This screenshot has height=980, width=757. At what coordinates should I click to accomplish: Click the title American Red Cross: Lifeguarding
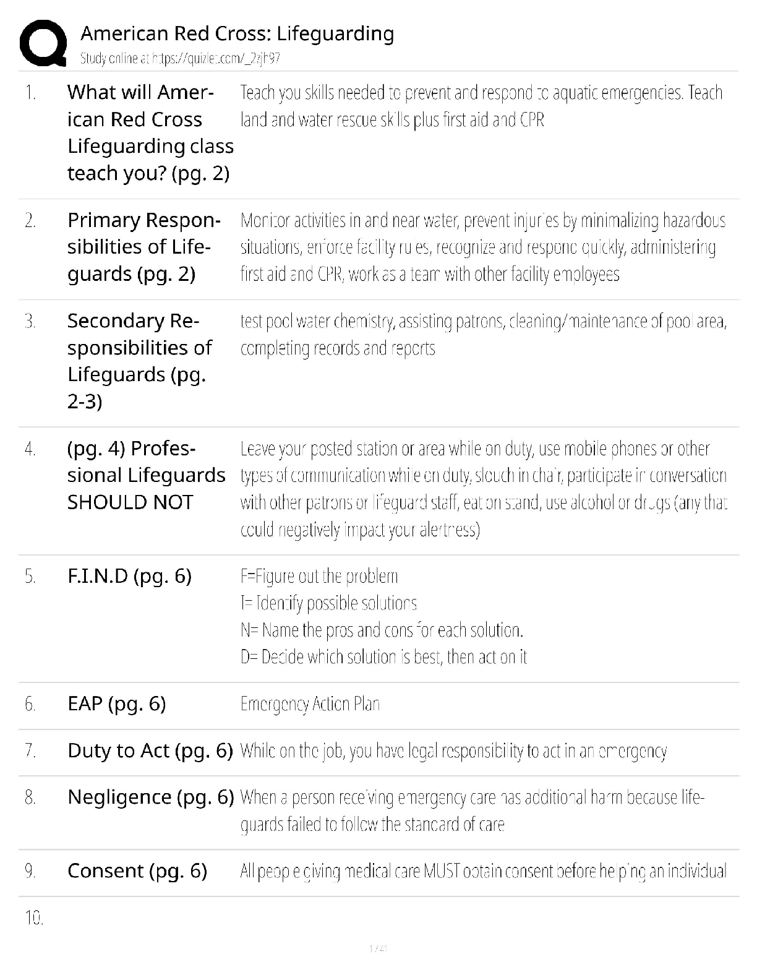coord(237,33)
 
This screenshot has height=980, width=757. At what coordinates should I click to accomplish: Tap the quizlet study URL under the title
coord(180,59)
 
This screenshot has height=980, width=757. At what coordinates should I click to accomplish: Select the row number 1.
coord(30,93)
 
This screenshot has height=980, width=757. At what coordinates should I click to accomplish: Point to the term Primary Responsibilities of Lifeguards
coord(143,247)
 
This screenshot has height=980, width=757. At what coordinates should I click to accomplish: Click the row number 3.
coord(30,321)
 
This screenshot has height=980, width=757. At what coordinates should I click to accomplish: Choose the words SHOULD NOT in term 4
coord(130,502)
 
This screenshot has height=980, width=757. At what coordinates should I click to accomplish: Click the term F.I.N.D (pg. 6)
coord(129,576)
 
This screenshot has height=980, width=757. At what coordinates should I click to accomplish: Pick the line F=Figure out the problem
coord(319,577)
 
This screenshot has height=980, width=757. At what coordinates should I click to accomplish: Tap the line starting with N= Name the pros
coord(382,630)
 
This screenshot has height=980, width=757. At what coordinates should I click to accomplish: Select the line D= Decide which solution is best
coord(383,657)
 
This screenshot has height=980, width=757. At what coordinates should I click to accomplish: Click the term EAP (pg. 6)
coord(116,704)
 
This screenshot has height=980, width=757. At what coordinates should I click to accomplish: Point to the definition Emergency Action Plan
coord(310,704)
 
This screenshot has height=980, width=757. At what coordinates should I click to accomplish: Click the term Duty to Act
coord(150,750)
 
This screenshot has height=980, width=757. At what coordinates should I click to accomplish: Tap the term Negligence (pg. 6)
coord(150,797)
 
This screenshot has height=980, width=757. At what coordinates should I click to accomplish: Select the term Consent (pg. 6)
coord(137,871)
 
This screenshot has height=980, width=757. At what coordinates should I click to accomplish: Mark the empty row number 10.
coord(34,918)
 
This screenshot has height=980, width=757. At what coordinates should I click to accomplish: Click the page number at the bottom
coord(378,948)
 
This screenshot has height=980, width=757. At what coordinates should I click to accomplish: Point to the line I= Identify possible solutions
coord(328,603)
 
